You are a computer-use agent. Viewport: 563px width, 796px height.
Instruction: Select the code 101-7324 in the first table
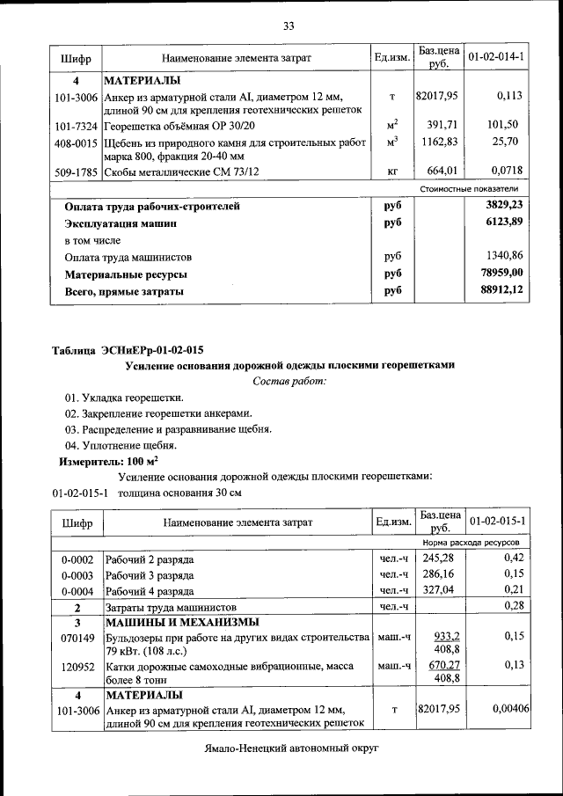tap(76, 125)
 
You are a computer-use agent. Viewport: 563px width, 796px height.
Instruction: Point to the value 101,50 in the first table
tap(507, 125)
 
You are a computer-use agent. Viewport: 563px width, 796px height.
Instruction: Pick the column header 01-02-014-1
tap(496, 57)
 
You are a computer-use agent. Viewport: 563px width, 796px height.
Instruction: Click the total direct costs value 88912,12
tap(502, 289)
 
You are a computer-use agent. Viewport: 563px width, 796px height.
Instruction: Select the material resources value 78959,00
tap(502, 273)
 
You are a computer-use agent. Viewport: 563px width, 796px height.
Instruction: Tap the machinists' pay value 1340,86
tap(504, 257)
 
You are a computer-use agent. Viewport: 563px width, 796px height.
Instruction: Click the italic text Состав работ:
tap(289, 381)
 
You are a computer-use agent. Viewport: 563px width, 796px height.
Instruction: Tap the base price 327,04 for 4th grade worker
tap(438, 590)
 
